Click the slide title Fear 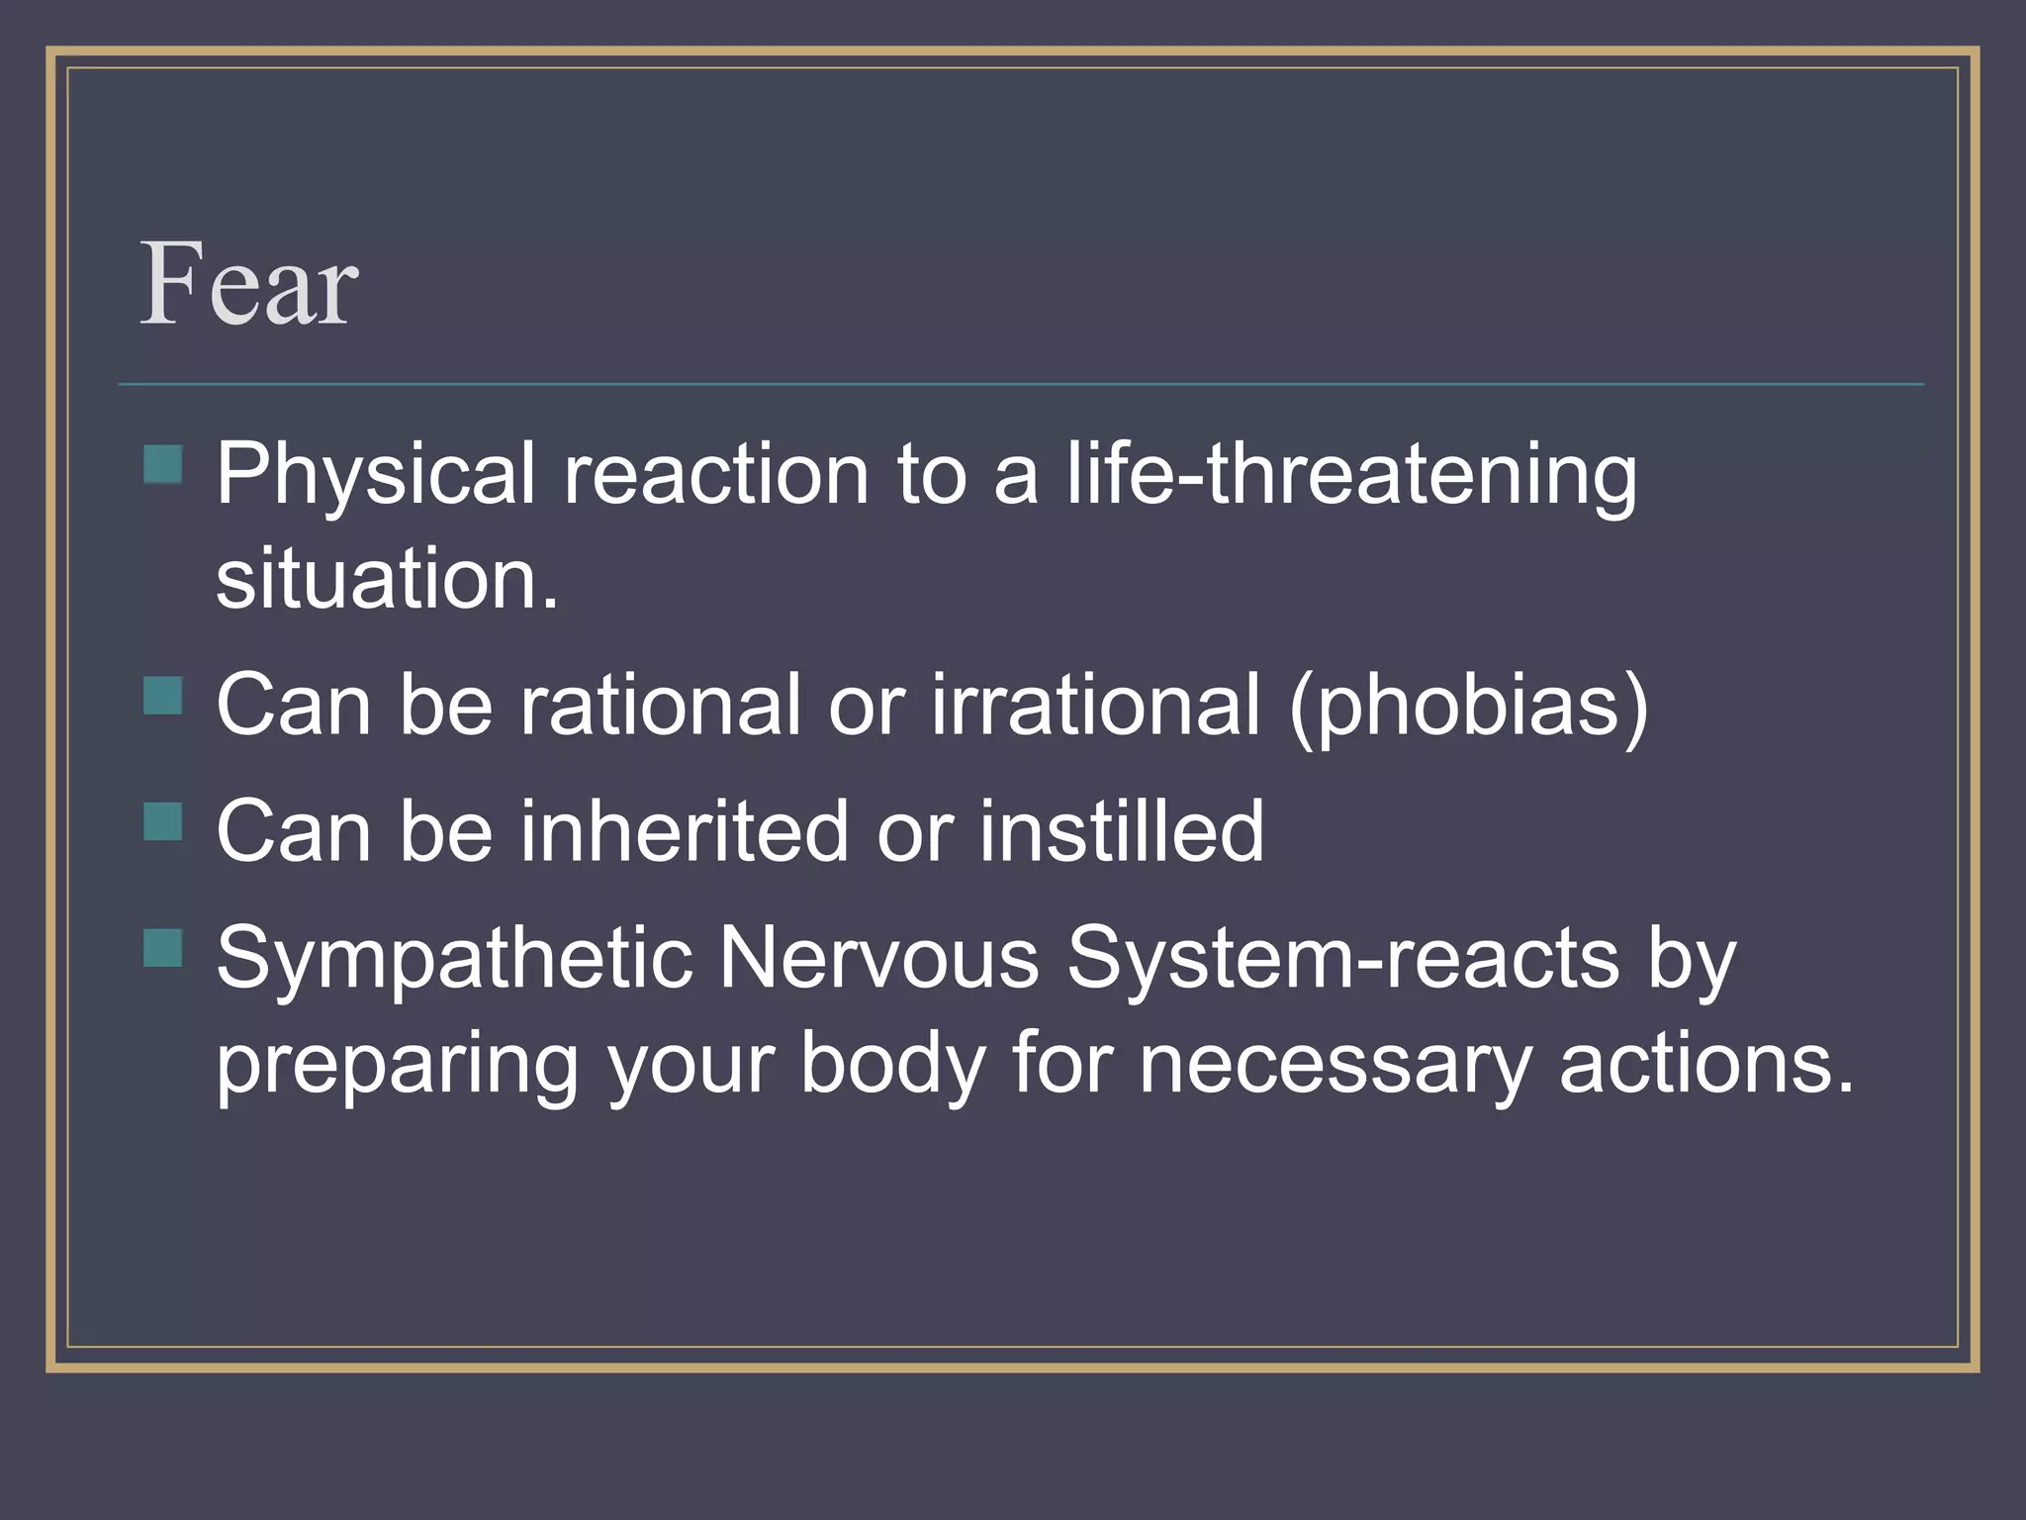[248, 285]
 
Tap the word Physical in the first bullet [375, 476]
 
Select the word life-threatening [1351, 476]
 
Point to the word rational [660, 706]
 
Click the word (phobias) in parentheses [1469, 706]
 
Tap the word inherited [684, 832]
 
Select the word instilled [1122, 832]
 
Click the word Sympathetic [454, 959]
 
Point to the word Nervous [878, 959]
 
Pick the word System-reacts [1342, 959]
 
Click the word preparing [397, 1066]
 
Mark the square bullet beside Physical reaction [163, 464]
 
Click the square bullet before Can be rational [163, 695]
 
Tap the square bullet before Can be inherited [163, 821]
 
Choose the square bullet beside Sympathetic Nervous [163, 947]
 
